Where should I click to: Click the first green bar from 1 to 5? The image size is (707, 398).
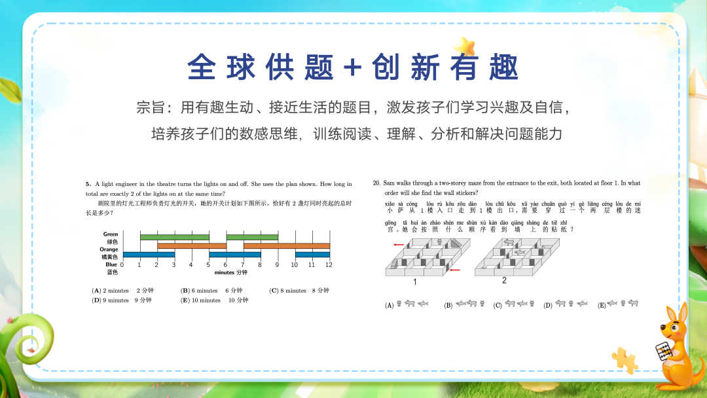(x=174, y=237)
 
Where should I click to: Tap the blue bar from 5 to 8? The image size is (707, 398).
(x=234, y=255)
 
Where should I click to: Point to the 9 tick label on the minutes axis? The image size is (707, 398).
(x=277, y=264)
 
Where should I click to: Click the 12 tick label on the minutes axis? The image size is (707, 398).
(x=329, y=264)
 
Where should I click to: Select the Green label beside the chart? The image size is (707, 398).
(x=111, y=234)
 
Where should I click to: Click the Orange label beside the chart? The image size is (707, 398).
(x=109, y=249)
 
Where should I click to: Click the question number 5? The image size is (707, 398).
(x=87, y=185)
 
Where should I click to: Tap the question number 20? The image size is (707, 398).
(x=376, y=183)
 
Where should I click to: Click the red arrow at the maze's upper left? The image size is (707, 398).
(x=398, y=245)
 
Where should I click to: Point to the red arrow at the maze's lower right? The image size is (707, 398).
(x=456, y=270)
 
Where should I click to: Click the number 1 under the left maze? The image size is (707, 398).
(x=414, y=282)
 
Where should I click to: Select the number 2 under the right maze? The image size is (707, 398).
(x=504, y=281)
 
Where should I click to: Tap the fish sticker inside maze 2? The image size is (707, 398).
(x=519, y=252)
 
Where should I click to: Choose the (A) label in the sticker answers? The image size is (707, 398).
(x=390, y=305)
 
